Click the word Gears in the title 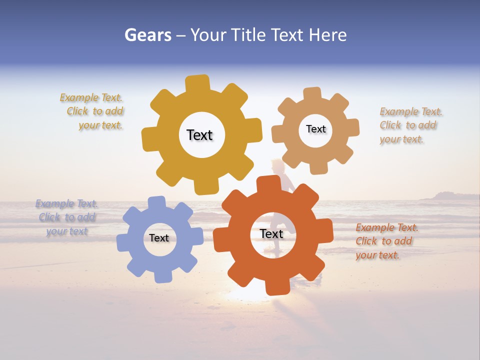tap(147, 35)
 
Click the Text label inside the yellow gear tap(199, 135)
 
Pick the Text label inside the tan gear tap(315, 129)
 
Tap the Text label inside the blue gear tap(159, 238)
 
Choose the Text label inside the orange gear tap(271, 234)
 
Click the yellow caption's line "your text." tap(100, 125)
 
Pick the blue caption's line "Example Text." tap(66, 203)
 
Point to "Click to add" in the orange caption tap(384, 241)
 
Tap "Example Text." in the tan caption tap(411, 111)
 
